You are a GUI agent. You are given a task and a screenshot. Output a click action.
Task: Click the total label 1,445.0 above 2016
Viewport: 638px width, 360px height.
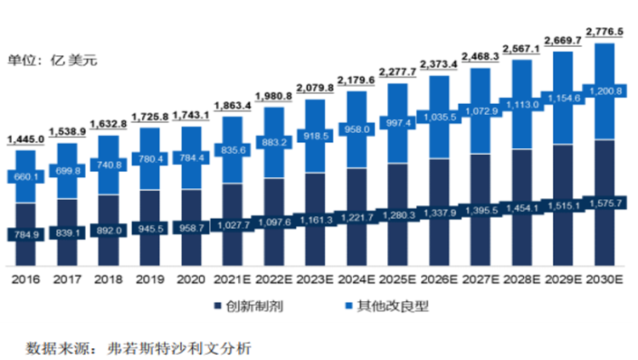pyautogui.click(x=26, y=140)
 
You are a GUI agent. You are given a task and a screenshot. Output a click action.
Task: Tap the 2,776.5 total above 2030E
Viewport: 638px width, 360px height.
pyautogui.click(x=604, y=31)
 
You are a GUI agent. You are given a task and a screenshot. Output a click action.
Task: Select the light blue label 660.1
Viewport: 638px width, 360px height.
pyautogui.click(x=26, y=177)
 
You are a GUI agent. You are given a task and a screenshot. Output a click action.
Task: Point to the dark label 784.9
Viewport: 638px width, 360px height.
pyautogui.click(x=26, y=235)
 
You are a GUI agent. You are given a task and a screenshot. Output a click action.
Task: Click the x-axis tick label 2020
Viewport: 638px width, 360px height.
pyautogui.click(x=191, y=279)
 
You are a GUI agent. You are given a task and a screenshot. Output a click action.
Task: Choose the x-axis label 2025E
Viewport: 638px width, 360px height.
pyautogui.click(x=397, y=279)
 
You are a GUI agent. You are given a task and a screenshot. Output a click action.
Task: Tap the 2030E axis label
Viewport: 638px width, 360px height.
pyautogui.click(x=604, y=279)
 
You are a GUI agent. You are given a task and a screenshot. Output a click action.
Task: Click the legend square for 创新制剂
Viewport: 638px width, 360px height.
pyautogui.click(x=218, y=306)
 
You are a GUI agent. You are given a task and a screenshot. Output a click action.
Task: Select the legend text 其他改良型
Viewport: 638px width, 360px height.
pyautogui.click(x=393, y=306)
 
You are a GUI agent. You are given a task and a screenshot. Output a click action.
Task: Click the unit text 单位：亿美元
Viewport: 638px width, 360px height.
pyautogui.click(x=52, y=60)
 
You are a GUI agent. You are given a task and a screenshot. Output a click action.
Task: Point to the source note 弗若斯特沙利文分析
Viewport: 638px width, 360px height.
pyautogui.click(x=179, y=348)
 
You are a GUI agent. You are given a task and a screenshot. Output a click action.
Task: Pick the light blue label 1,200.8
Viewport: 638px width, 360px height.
pyautogui.click(x=606, y=91)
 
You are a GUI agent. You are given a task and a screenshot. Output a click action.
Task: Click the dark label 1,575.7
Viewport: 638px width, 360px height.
pyautogui.click(x=606, y=203)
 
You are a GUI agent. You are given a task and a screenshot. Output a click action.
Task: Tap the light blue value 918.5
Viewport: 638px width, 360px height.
pyautogui.click(x=316, y=136)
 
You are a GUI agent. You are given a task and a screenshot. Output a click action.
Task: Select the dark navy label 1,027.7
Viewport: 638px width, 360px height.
pyautogui.click(x=234, y=226)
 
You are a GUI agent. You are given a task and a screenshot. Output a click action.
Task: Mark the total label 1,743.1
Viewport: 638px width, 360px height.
pyautogui.click(x=191, y=115)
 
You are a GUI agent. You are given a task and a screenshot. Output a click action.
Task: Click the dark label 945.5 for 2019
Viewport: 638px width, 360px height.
pyautogui.click(x=151, y=228)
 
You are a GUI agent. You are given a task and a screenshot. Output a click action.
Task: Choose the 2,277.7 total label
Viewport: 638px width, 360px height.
pyautogui.click(x=397, y=72)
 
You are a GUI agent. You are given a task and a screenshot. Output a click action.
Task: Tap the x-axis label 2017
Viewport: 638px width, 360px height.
pyautogui.click(x=67, y=279)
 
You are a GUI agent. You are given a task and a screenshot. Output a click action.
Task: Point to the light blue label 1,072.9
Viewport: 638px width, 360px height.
pyautogui.click(x=481, y=111)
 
